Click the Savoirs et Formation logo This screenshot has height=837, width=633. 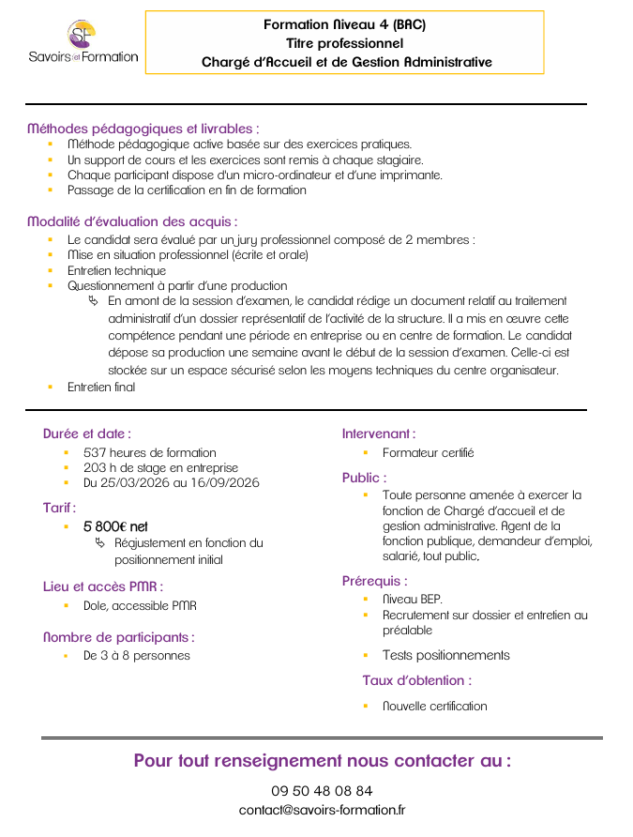click(x=83, y=41)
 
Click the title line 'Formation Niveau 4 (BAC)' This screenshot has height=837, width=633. click(x=344, y=24)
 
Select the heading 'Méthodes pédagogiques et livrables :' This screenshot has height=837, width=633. click(x=143, y=128)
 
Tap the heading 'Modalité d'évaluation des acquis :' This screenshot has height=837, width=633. click(x=132, y=221)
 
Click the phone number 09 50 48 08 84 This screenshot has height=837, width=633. click(x=322, y=790)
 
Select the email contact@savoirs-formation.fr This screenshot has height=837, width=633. click(x=322, y=809)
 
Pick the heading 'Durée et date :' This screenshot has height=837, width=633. click(x=87, y=434)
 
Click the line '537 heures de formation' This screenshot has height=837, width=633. click(x=150, y=452)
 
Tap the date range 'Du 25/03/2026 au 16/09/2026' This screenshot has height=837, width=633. click(x=172, y=482)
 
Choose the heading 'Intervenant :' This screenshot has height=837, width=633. click(x=379, y=434)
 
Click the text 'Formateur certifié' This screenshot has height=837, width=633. click(x=429, y=452)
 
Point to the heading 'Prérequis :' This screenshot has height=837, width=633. click(x=375, y=581)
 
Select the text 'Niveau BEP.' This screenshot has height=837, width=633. click(x=413, y=599)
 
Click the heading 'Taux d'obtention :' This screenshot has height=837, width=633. click(x=417, y=680)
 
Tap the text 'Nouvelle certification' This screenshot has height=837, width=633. click(x=435, y=706)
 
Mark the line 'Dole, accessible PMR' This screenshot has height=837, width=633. click(x=140, y=606)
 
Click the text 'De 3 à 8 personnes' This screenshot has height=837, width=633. click(x=137, y=655)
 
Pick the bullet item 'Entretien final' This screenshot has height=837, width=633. click(x=101, y=387)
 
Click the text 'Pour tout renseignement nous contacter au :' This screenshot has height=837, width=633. click(x=322, y=760)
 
